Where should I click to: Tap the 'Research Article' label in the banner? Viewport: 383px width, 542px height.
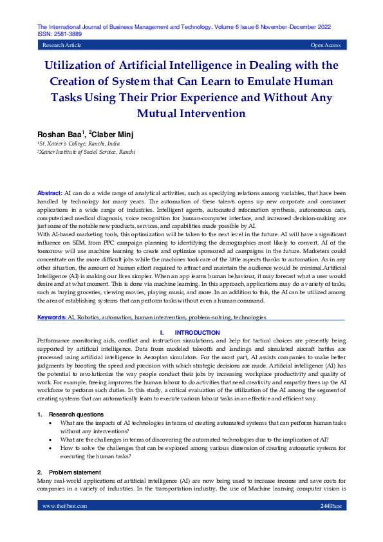62,46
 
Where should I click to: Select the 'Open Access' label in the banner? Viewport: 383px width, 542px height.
326,46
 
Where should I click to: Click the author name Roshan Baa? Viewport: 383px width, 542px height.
56,133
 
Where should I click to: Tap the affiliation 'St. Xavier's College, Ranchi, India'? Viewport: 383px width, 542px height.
79,144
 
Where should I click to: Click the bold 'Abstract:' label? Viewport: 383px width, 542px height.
50,193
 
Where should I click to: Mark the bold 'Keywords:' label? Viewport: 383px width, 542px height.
52,317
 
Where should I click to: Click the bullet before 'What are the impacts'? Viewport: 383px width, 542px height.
52,423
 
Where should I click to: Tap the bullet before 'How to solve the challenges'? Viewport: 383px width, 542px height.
52,447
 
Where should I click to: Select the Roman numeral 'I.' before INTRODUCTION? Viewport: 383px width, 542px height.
161,332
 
